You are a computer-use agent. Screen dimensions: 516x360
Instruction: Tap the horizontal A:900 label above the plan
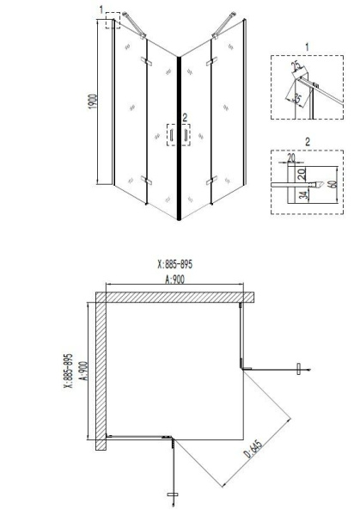[x=175, y=279]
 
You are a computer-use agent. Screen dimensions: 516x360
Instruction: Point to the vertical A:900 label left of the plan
[x=82, y=371]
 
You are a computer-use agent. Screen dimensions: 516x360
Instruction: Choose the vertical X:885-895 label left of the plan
[x=68, y=371]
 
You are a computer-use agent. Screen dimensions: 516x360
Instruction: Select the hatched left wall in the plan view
[x=101, y=370]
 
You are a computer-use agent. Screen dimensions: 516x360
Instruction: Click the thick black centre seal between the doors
[x=179, y=138]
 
